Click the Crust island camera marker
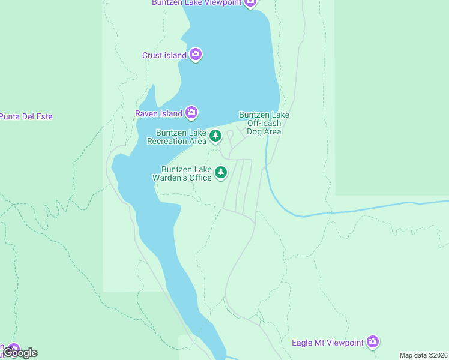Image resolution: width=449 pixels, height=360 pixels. click(196, 55)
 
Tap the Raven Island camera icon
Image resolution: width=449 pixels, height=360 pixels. click(191, 112)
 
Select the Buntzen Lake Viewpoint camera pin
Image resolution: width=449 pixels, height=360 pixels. click(251, 2)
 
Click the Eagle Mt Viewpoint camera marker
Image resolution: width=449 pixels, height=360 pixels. click(373, 342)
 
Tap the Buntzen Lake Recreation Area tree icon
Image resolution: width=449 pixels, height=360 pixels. click(215, 136)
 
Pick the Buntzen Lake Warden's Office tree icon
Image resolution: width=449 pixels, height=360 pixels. click(221, 173)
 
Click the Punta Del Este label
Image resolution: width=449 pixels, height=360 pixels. click(26, 116)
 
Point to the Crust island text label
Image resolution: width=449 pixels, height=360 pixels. click(164, 56)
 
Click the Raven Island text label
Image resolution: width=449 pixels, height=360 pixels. click(159, 113)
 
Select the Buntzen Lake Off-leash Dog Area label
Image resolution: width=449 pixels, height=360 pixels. click(264, 123)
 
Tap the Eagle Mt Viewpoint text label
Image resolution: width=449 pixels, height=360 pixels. click(328, 343)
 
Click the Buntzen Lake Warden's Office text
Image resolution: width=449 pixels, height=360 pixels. click(187, 173)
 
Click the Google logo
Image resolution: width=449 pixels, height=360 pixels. click(22, 353)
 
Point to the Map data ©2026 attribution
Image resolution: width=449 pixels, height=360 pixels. click(423, 355)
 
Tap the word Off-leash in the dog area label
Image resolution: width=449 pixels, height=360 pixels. click(264, 123)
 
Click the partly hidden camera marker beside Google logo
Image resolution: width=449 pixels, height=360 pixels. click(13, 349)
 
